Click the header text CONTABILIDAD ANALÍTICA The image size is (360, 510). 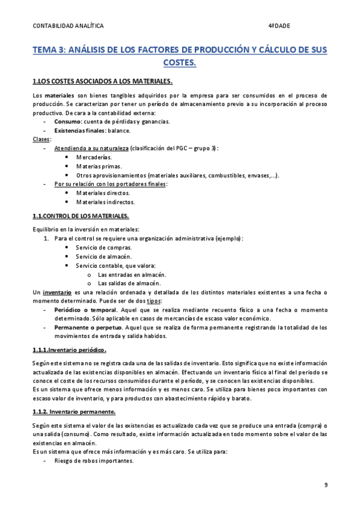coord(68,26)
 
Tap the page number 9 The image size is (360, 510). coord(325,485)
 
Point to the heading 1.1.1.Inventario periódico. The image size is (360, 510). coord(69,350)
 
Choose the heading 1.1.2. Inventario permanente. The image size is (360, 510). coord(74,412)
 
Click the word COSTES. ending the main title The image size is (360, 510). coord(180,62)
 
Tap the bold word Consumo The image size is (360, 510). coord(67,121)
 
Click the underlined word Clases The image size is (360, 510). coord(41,139)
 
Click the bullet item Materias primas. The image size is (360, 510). coord(99,166)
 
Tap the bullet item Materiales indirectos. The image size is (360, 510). coord(105,202)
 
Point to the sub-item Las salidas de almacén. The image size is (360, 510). coord(129,283)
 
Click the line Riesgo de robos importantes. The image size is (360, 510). coord(93,461)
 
